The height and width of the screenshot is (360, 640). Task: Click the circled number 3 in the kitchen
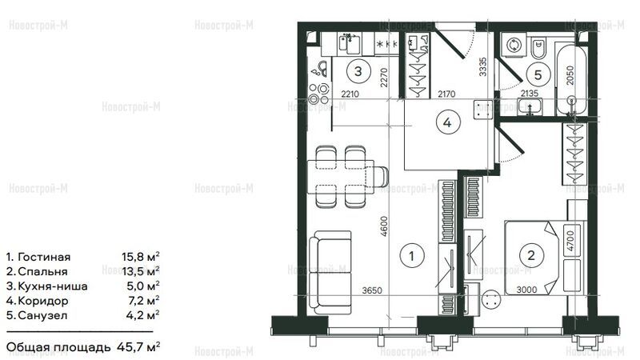[x=358, y=71]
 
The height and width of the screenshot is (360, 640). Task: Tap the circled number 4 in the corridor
[x=448, y=122]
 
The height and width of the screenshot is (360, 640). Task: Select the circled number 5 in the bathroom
[x=538, y=74]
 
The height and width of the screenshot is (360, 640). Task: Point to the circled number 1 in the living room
[x=412, y=256]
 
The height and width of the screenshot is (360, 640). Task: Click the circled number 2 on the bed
[x=531, y=255]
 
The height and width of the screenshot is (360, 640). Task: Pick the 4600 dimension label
[x=384, y=226]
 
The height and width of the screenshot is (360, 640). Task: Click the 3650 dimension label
[x=372, y=290]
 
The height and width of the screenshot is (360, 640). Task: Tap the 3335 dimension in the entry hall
[x=483, y=66]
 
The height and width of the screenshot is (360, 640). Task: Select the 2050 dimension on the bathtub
[x=570, y=75]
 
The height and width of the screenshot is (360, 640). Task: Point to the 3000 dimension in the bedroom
[x=526, y=290]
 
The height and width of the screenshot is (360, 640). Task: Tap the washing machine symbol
[x=513, y=45]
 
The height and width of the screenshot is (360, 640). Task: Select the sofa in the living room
[x=330, y=273]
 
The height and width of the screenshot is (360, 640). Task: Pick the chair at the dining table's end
[x=381, y=176]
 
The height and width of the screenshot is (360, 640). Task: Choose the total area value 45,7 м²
[x=138, y=347]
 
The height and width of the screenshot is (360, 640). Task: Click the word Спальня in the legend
[x=43, y=272]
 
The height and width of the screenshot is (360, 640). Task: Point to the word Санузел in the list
[x=43, y=316]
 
